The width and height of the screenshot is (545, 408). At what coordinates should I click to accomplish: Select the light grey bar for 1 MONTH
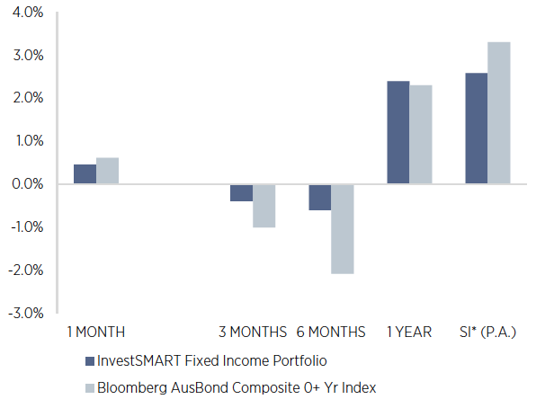point(107,171)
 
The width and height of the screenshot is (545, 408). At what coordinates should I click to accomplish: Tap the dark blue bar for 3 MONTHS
point(241,192)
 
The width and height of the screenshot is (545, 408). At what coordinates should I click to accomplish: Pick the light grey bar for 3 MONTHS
point(264,206)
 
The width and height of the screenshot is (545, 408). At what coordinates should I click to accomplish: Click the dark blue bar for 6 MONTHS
point(319,197)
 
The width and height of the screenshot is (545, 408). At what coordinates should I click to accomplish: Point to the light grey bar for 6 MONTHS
point(342,228)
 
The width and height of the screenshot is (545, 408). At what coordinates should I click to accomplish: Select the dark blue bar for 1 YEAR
point(398,133)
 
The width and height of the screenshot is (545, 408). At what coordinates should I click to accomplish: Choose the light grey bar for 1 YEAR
point(420,135)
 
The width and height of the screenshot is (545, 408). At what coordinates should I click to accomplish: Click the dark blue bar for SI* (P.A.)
point(477,129)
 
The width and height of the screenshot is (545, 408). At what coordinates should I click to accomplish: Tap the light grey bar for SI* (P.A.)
point(498,113)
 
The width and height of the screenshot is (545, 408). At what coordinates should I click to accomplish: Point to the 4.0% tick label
point(27,13)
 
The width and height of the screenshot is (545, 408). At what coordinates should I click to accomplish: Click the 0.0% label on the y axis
point(27,184)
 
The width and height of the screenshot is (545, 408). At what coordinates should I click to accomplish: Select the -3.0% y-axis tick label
point(25,313)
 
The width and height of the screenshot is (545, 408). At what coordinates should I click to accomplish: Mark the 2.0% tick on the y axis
point(27,98)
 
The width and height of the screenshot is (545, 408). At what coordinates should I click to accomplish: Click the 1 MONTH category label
point(95,333)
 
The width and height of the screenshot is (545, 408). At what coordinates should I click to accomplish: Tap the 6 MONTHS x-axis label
point(330,333)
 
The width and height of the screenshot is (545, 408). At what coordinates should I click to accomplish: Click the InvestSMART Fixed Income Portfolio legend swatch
point(89,360)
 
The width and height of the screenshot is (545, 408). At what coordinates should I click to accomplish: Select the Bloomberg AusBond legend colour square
point(89,388)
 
